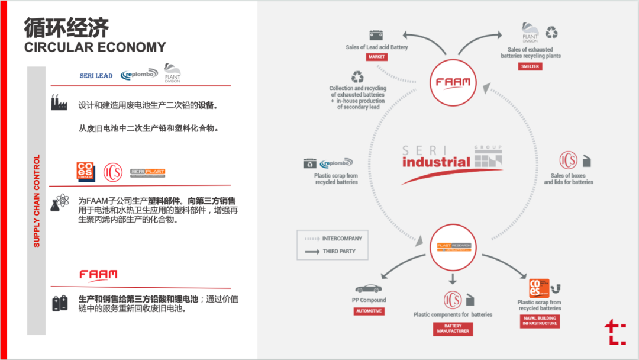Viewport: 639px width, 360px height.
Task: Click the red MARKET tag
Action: (376, 57)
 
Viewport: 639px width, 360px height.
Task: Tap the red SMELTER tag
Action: (530, 67)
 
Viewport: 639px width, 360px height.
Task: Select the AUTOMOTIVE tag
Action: (369, 311)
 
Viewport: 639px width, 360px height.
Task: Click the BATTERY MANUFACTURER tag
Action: (453, 329)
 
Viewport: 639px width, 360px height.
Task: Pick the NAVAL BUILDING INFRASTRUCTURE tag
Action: (539, 321)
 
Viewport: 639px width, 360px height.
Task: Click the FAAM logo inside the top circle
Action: (453, 82)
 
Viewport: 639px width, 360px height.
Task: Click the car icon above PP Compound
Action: (369, 288)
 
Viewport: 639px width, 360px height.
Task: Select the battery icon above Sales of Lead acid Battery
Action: (376, 35)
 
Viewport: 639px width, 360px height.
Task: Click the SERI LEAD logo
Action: (96, 76)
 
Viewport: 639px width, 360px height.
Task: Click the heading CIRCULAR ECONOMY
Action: (95, 47)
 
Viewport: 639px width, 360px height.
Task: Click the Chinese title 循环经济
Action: (66, 27)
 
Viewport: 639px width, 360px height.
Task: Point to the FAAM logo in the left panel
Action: (98, 274)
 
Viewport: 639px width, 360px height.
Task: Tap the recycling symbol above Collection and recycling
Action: (358, 77)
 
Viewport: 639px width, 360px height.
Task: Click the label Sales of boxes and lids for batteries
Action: (569, 179)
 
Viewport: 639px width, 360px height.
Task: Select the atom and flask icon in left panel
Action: (59, 202)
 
